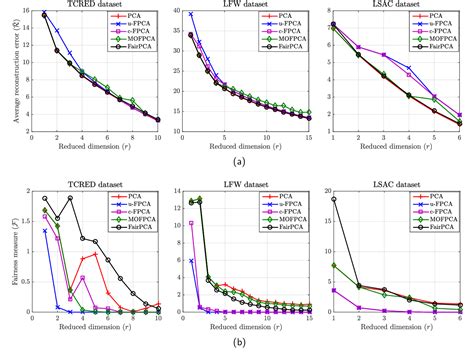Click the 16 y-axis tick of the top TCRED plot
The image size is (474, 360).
coord(27,12)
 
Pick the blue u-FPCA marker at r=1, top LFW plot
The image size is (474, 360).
coord(191,15)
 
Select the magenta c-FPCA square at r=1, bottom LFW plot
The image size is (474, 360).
coord(191,223)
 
